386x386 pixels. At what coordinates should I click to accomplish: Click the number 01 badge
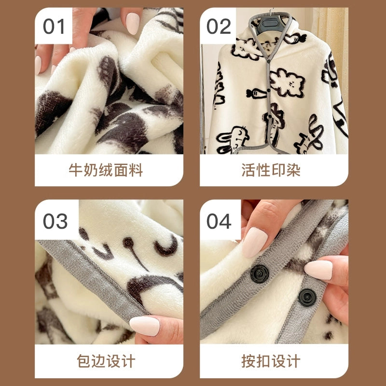[x=54, y=26]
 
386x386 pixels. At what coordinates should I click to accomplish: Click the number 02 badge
[x=219, y=26]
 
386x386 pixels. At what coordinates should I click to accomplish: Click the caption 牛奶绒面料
[x=106, y=170]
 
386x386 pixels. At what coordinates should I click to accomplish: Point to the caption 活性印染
[x=271, y=170]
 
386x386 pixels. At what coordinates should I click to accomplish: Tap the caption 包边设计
[x=106, y=361]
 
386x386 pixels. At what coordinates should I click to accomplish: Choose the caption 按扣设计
[x=271, y=361]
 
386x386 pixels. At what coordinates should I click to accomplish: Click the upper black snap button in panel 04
[x=260, y=274]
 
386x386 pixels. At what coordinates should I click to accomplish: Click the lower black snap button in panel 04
[x=307, y=298]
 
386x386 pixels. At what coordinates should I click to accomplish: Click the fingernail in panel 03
[x=144, y=326]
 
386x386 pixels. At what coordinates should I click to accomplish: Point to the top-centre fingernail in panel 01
[x=133, y=23]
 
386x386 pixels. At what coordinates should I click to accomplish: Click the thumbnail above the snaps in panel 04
[x=255, y=242]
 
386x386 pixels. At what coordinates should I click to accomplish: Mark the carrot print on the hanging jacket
[x=256, y=93]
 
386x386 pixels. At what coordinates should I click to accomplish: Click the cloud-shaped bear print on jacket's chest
[x=287, y=83]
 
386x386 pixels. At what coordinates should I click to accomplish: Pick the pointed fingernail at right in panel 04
[x=318, y=270]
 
